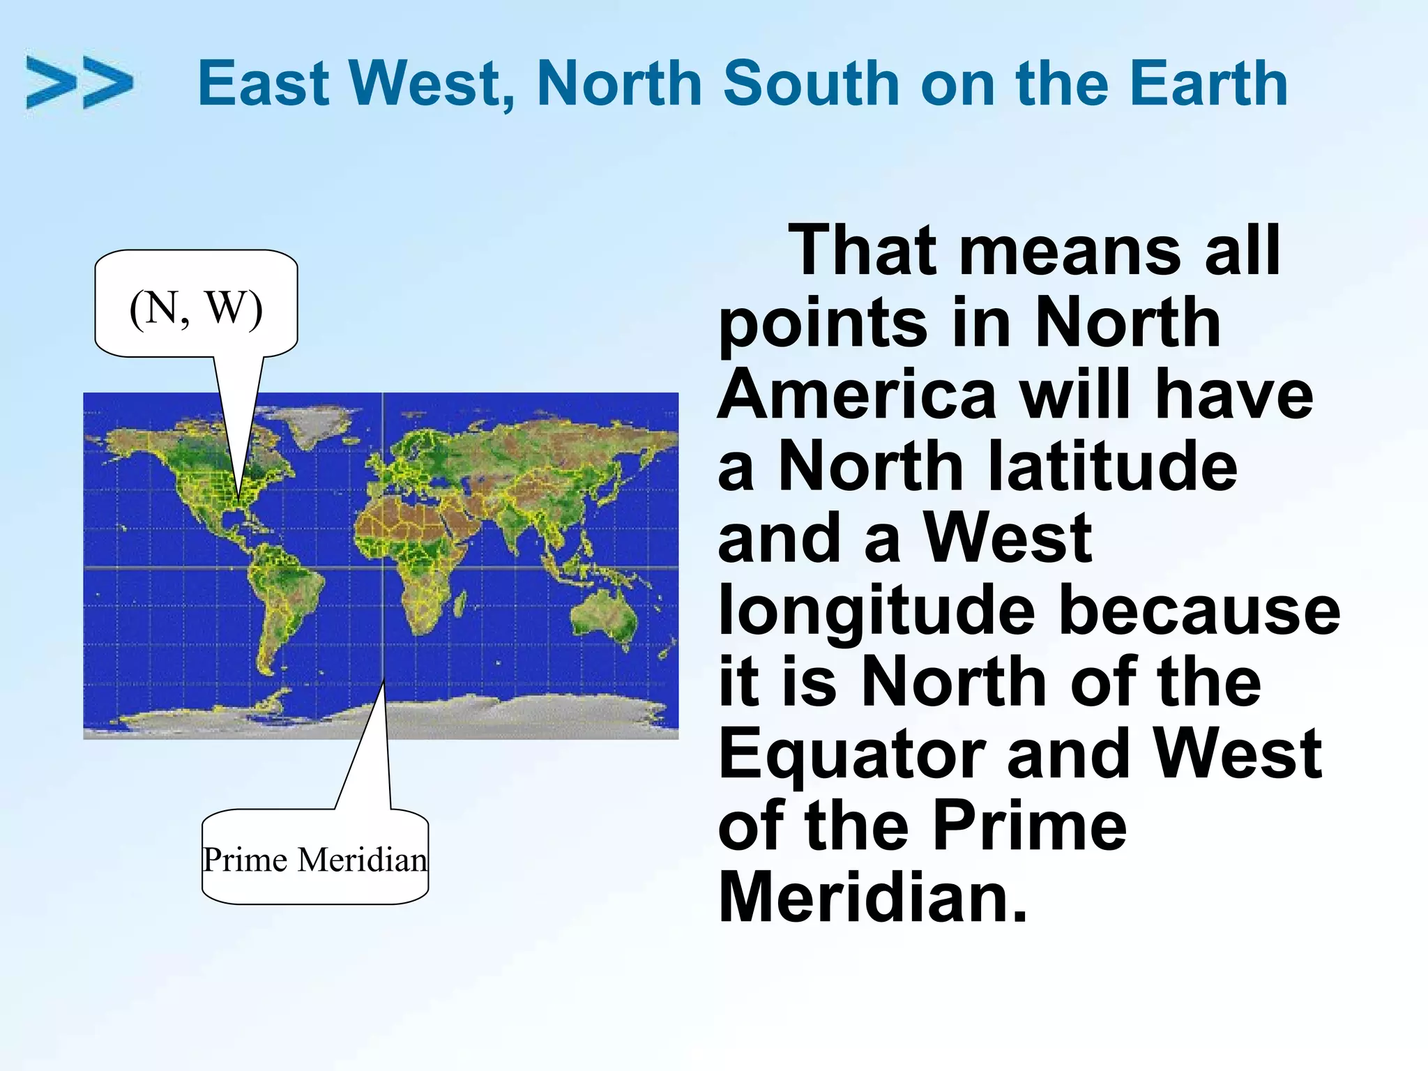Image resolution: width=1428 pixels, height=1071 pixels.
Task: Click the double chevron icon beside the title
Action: click(x=79, y=83)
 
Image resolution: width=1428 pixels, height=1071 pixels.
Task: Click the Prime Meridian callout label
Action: click(x=314, y=859)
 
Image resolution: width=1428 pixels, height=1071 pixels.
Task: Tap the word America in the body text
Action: click(x=857, y=394)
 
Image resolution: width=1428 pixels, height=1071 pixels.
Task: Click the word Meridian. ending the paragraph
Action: click(x=872, y=898)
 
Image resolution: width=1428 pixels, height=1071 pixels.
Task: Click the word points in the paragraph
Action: click(x=823, y=323)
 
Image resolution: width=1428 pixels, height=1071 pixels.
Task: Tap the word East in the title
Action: click(x=264, y=84)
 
